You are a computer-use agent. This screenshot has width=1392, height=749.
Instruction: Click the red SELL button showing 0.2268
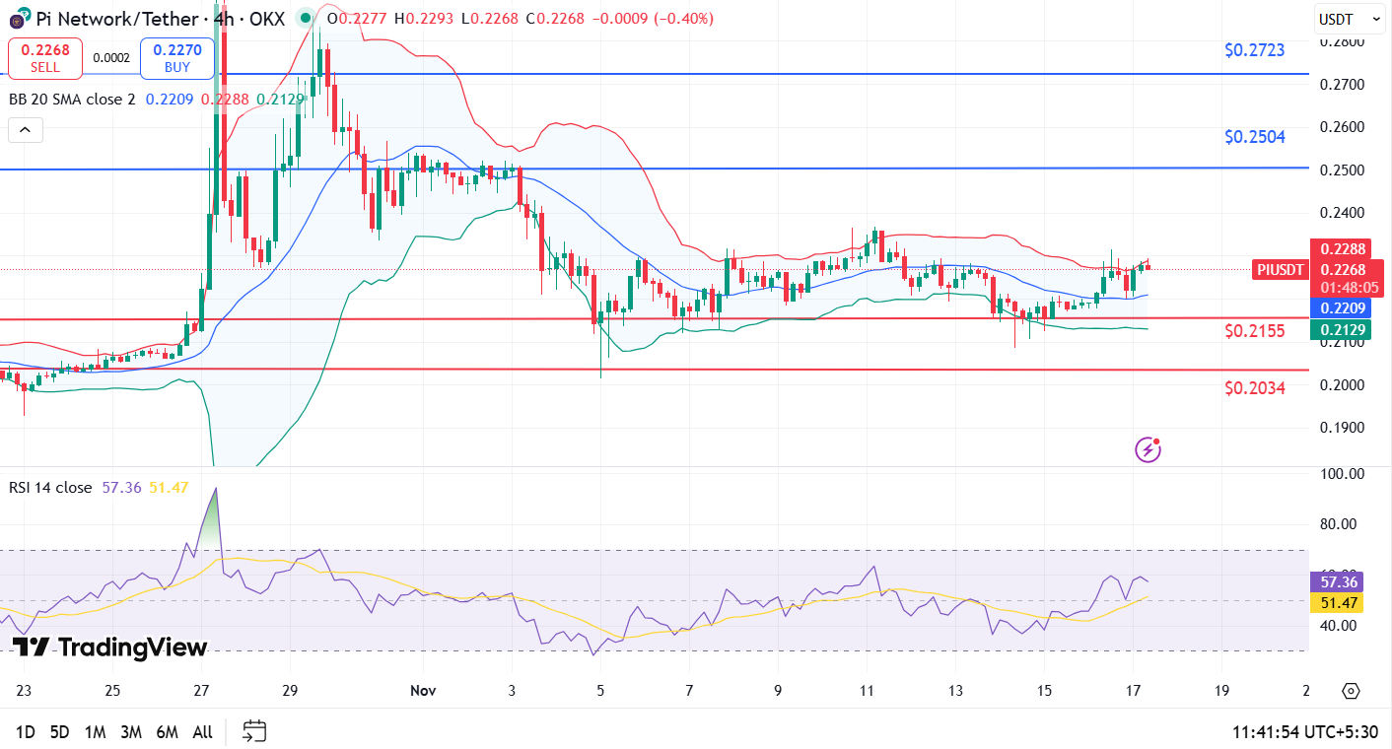[44, 58]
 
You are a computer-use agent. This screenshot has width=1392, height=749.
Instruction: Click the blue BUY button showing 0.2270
[176, 58]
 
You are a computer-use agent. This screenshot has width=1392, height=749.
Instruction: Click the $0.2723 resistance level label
[1254, 50]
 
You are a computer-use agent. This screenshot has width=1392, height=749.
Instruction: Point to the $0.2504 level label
[1254, 137]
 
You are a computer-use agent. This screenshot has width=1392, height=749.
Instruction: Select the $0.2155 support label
[1254, 331]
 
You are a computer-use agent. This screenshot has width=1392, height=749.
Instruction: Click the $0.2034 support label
[1254, 388]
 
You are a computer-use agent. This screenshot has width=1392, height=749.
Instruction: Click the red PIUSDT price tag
[1281, 270]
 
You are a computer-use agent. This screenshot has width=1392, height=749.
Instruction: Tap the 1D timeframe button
[26, 732]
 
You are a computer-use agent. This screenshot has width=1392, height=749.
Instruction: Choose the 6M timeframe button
[167, 732]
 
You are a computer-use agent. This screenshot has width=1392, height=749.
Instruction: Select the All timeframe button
[202, 732]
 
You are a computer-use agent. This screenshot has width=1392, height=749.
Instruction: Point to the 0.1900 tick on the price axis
[1342, 428]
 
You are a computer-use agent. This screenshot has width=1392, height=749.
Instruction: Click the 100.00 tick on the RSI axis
[1341, 474]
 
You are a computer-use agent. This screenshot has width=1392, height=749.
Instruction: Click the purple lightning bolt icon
[1148, 450]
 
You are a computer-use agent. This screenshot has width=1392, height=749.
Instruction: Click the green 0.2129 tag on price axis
[1338, 330]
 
